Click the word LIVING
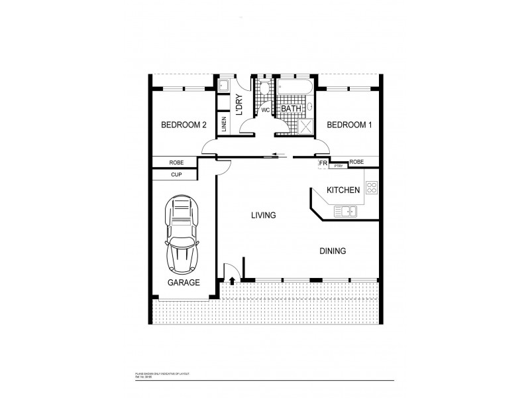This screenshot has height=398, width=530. tap(263, 216)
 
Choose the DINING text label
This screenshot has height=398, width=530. tap(333, 251)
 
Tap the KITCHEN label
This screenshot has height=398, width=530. tap(343, 190)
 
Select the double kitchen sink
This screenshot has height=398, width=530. tap(345, 212)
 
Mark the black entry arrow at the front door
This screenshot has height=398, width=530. tap(232, 282)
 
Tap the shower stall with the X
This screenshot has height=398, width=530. tap(307, 126)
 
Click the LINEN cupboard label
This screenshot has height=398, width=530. tap(225, 125)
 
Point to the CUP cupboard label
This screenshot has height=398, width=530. tap(176, 175)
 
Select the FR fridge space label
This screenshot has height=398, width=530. tap(323, 163)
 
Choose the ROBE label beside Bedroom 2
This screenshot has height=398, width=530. tap(176, 162)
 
